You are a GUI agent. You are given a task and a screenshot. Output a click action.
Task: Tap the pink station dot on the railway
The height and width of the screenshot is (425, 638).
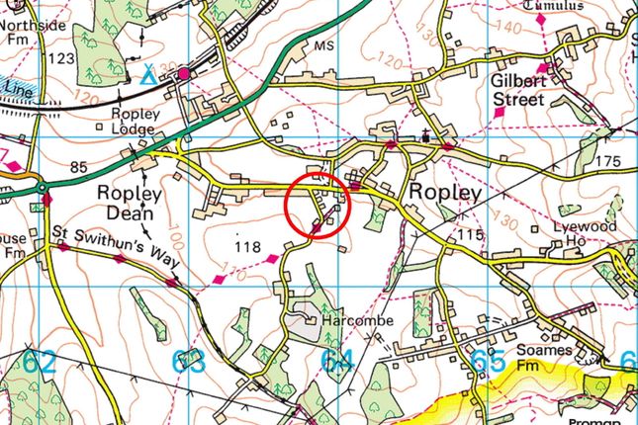183,73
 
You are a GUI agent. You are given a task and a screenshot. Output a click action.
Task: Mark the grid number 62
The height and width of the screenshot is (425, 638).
41,362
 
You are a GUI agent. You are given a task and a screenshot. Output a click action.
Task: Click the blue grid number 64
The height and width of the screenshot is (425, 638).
336,363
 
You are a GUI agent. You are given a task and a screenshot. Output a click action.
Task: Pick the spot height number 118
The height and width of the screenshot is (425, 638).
247,243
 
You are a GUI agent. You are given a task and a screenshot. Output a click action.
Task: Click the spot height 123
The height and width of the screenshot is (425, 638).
60,60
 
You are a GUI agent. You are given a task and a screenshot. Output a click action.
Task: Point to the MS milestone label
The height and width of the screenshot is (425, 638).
323,46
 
